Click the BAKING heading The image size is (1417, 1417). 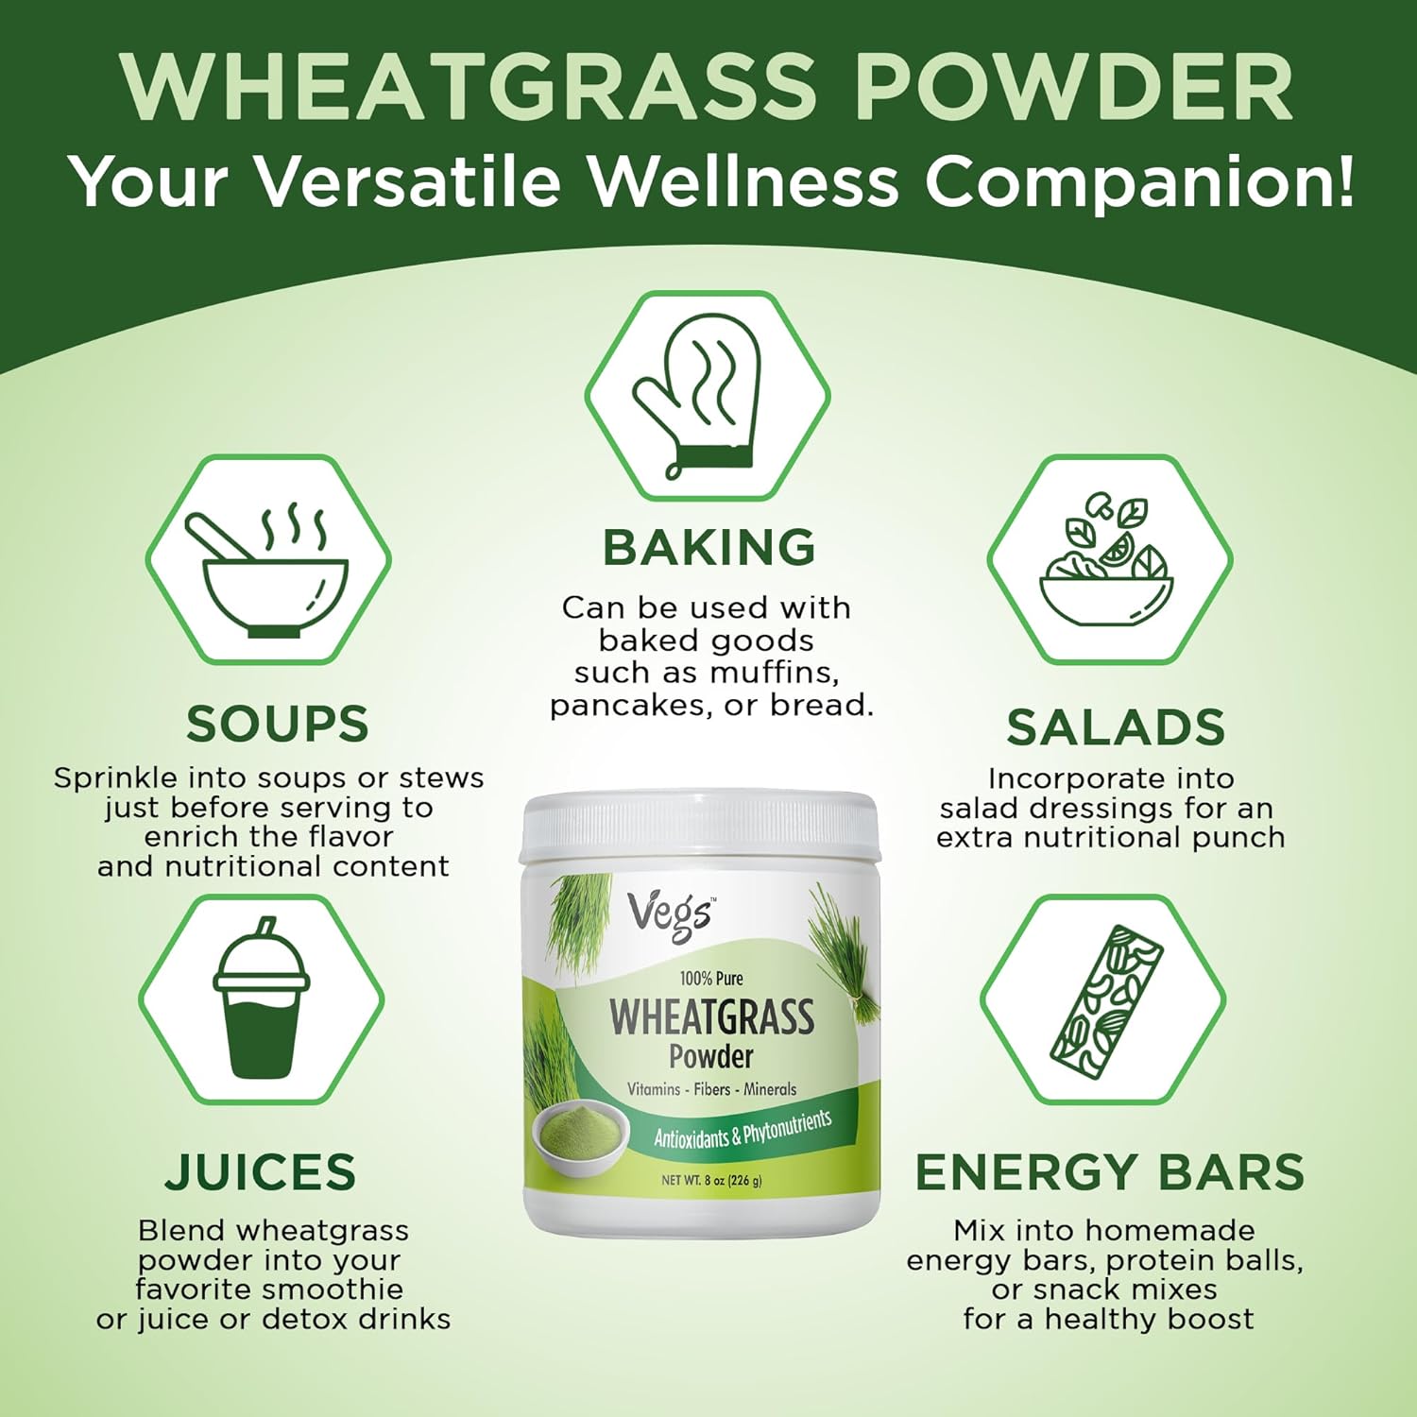point(708,548)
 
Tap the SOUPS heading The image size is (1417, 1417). point(277,725)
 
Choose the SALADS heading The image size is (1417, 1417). point(1115,727)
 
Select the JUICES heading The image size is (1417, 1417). point(261,1172)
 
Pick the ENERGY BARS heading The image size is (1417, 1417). point(1110,1172)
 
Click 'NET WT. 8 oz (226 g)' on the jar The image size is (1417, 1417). point(711,1180)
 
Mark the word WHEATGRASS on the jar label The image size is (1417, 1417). point(711,1016)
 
